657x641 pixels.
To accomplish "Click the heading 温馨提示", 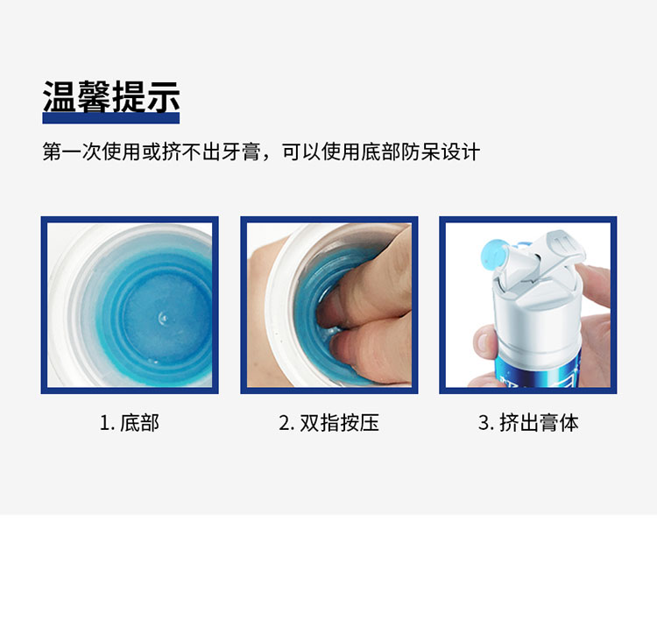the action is pyautogui.click(x=111, y=97).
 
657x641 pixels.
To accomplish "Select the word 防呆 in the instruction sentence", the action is pyautogui.click(x=420, y=151).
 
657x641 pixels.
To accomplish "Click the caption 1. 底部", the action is pyautogui.click(x=129, y=423).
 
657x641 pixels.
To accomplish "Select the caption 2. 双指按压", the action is pyautogui.click(x=328, y=423).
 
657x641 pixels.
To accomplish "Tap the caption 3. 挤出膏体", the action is pyautogui.click(x=528, y=423).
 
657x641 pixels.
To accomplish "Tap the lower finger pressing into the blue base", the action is pyautogui.click(x=369, y=352).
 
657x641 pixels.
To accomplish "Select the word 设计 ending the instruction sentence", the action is pyautogui.click(x=461, y=151).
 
